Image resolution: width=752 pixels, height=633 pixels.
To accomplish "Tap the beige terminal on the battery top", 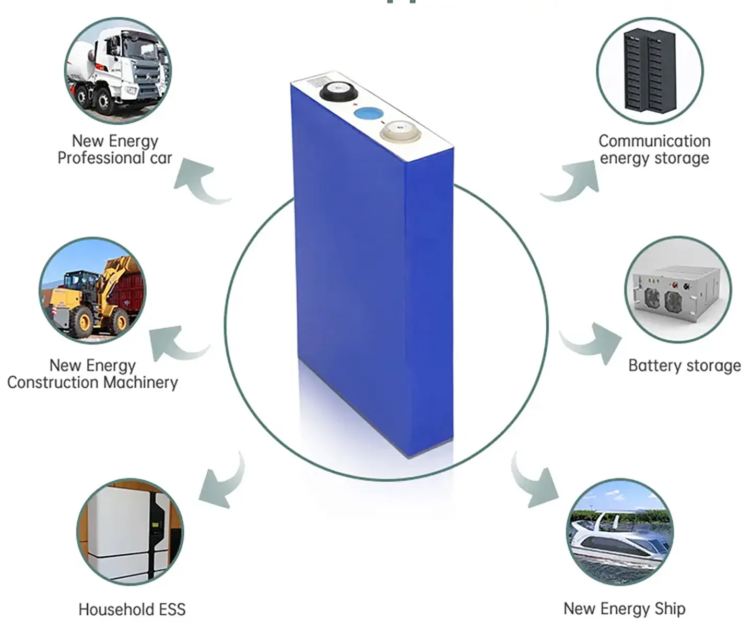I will [399, 131].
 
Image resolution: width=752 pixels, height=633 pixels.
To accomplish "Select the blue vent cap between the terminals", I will [368, 114].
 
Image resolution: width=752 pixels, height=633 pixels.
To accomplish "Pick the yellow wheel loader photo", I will [93, 291].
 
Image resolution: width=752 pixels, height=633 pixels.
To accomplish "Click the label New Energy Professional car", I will [114, 149].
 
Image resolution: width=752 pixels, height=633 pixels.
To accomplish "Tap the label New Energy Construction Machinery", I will [92, 374].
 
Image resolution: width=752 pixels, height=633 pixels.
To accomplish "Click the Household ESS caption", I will [132, 609].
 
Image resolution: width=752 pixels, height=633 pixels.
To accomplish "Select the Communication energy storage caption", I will [654, 149].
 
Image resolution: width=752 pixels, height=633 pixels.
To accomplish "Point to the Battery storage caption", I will [684, 365].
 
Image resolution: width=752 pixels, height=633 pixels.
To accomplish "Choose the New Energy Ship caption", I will [624, 608].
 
